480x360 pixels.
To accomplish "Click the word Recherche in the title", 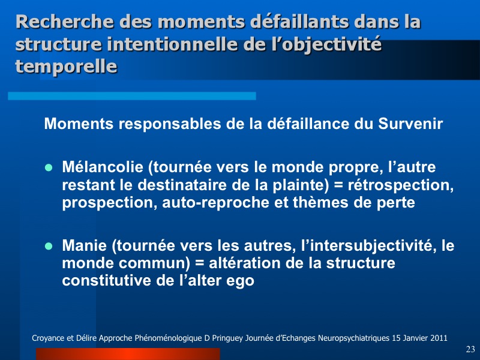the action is [x=65, y=22].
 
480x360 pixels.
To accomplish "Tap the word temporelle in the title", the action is [x=66, y=66].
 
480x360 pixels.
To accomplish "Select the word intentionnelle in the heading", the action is [x=172, y=44].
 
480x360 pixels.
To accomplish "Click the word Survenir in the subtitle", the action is [x=410, y=124].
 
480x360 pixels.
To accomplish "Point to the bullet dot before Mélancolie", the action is [x=49, y=168].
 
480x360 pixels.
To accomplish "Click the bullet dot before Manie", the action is [x=49, y=246].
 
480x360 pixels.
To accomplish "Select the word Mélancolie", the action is [x=103, y=167].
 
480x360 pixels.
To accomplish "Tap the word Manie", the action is [x=85, y=245].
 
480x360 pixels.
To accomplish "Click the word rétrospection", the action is [x=400, y=185].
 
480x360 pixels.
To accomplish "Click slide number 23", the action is [x=470, y=349].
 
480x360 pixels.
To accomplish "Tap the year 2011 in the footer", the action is [x=439, y=338].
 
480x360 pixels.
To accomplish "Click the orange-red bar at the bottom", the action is [x=128, y=354].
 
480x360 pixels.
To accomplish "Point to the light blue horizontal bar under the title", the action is [x=132, y=96].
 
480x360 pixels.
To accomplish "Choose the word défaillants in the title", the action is [x=299, y=22].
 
